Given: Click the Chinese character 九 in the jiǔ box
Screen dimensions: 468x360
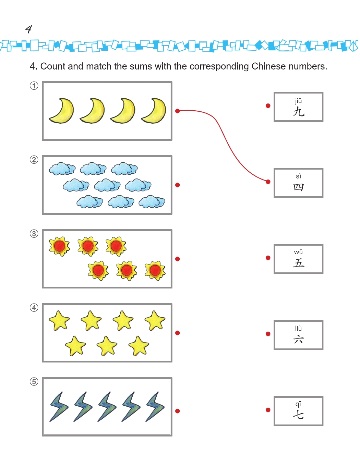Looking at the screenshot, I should tap(299, 111).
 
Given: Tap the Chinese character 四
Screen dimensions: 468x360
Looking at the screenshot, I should tap(299, 187).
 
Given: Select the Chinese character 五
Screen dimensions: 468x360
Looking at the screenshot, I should tap(299, 263).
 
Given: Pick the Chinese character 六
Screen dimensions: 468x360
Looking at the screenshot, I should tap(299, 339).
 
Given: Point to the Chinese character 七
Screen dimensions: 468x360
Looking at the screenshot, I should tap(298, 415).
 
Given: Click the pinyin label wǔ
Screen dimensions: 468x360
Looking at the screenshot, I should tap(298, 252).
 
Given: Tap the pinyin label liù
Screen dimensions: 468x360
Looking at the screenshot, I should tap(298, 328).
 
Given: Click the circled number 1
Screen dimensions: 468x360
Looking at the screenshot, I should tap(34, 86).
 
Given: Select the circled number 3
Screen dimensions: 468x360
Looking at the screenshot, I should tap(34, 234).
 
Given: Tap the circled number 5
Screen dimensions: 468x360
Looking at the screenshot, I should tap(34, 382).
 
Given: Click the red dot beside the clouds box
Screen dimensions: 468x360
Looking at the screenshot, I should tap(178, 185).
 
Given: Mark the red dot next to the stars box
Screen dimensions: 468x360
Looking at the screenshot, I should tap(178, 333).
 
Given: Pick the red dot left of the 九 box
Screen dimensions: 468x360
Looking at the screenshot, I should tap(268, 106).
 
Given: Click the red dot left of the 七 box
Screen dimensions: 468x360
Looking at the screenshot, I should tap(268, 410).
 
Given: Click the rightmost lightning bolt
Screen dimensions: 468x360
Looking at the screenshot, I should tap(155, 407).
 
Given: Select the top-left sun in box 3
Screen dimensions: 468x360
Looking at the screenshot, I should tap(60, 246).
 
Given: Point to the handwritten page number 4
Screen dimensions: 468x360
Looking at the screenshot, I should tap(28, 29).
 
